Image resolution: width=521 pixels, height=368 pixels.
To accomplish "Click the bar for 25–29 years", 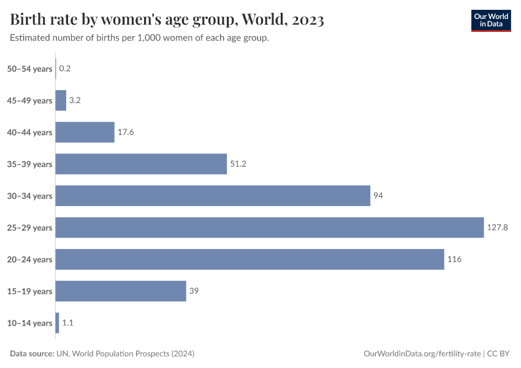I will click(x=270, y=228).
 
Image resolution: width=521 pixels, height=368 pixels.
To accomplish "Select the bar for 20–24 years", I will click(x=249, y=259).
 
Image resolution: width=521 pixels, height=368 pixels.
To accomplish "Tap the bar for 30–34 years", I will click(x=213, y=196).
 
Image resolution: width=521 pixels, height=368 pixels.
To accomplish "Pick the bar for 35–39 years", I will click(x=141, y=164).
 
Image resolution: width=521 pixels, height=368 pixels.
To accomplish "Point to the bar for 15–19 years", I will click(x=121, y=291).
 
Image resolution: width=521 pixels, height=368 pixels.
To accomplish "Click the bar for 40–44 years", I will click(x=85, y=132).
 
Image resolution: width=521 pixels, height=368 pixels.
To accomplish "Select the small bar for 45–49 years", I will click(x=61, y=100).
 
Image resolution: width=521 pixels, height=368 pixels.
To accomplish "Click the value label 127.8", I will click(x=498, y=228).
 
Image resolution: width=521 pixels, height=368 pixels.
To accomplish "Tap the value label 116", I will click(x=454, y=259).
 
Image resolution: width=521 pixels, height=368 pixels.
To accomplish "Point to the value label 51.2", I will click(x=238, y=164).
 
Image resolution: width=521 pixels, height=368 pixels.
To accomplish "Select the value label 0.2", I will click(x=65, y=68).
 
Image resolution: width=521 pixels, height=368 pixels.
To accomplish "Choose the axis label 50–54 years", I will click(x=29, y=69).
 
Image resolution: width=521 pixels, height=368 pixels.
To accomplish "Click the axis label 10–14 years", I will click(x=29, y=323).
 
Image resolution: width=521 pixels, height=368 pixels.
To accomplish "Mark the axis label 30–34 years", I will click(x=29, y=196).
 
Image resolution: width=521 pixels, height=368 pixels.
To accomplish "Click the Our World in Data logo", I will click(x=490, y=20).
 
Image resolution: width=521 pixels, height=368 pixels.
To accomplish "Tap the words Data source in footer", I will click(x=32, y=354).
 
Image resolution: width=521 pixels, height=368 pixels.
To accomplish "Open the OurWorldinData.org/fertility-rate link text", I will click(x=422, y=354).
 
